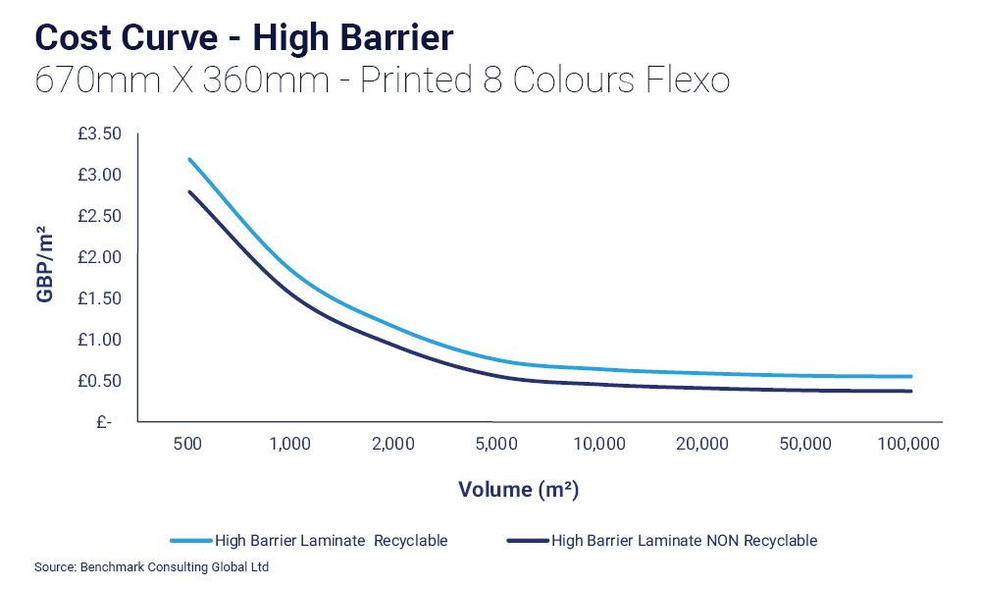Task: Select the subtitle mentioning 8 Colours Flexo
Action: (382, 80)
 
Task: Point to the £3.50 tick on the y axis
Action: (99, 134)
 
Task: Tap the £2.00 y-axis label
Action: (99, 257)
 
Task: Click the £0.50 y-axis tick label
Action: (99, 381)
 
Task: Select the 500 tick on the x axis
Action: (187, 444)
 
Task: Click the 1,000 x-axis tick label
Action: (289, 444)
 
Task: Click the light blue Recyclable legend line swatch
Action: (190, 540)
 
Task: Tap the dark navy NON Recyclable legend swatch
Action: (526, 540)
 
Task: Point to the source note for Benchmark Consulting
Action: (151, 566)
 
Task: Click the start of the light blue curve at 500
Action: (189, 159)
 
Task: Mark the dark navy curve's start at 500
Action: (189, 191)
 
